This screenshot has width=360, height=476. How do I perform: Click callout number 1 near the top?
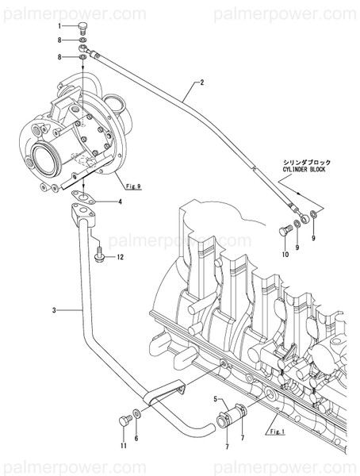[x=60, y=27]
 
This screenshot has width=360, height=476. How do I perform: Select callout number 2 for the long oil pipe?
[x=202, y=82]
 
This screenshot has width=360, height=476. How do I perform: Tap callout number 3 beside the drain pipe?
[x=54, y=309]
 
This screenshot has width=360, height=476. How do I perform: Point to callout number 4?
[x=121, y=202]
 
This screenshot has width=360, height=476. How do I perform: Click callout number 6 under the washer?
[x=136, y=439]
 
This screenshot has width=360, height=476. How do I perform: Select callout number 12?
[x=121, y=258]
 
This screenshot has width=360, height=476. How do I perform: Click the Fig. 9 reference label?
[x=132, y=186]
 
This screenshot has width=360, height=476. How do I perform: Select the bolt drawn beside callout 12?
[x=98, y=256]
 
